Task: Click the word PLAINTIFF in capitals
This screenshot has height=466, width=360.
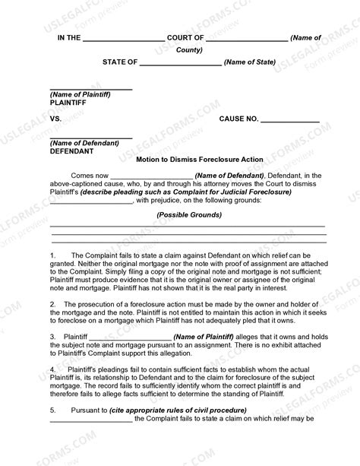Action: pyautogui.click(x=70, y=101)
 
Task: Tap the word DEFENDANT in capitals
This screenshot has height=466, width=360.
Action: pyautogui.click(x=72, y=151)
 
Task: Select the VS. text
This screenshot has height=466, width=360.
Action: pyautogui.click(x=56, y=120)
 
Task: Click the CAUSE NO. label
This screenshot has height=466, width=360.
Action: pyautogui.click(x=239, y=120)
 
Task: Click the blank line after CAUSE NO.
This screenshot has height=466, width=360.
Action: pyautogui.click(x=290, y=121)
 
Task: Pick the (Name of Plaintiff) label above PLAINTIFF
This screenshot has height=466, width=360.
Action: pyautogui.click(x=80, y=94)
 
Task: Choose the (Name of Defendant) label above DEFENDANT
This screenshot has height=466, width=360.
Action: pyautogui.click(x=84, y=143)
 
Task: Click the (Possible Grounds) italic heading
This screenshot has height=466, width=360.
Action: pyautogui.click(x=189, y=215)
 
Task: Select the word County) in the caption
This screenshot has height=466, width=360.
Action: pyautogui.click(x=189, y=50)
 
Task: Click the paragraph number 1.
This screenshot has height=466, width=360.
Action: pyautogui.click(x=53, y=255)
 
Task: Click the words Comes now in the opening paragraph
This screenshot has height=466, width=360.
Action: pyautogui.click(x=90, y=176)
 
